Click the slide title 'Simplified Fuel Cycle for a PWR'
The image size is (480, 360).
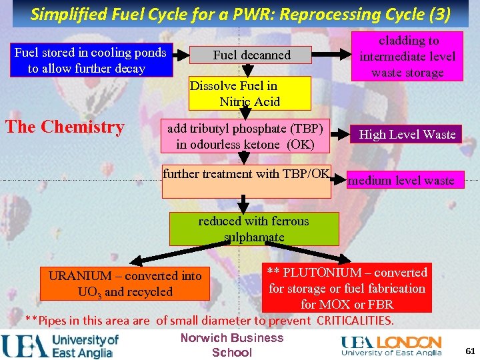pyautogui.click(x=240, y=13)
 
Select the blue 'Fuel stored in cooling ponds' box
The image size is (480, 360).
pyautogui.click(x=91, y=60)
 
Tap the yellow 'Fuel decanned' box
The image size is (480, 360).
pyautogui.click(x=251, y=55)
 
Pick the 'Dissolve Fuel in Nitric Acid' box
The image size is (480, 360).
pyautogui.click(x=249, y=93)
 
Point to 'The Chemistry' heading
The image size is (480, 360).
pyautogui.click(x=65, y=127)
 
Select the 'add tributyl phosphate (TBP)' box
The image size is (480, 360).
pyautogui.click(x=246, y=136)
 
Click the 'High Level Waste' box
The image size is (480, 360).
pyautogui.click(x=407, y=134)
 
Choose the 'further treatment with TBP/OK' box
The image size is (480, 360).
pyautogui.click(x=247, y=181)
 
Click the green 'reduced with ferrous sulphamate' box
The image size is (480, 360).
pyautogui.click(x=254, y=229)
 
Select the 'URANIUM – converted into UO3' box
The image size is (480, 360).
pyautogui.click(x=125, y=283)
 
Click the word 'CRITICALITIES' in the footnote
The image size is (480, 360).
pyautogui.click(x=355, y=321)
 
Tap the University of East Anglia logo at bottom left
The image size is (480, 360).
pyautogui.click(x=60, y=345)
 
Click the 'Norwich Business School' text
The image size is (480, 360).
pyautogui.click(x=231, y=345)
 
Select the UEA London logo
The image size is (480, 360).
pyautogui.click(x=391, y=345)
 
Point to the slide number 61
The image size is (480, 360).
pyautogui.click(x=470, y=351)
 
